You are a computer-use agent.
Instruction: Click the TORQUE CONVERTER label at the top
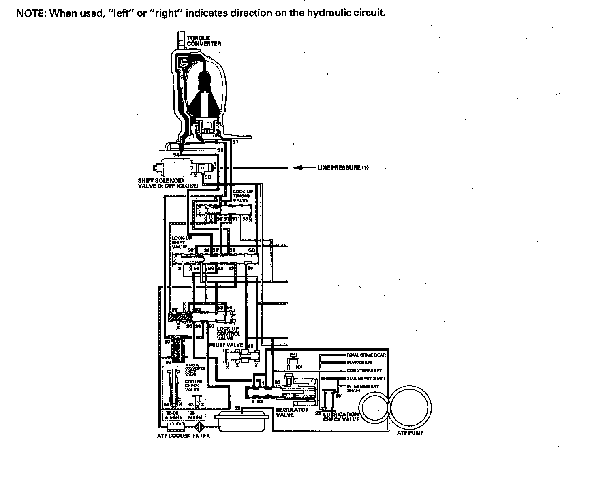coord(203,41)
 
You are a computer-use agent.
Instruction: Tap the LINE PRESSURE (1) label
coord(343,168)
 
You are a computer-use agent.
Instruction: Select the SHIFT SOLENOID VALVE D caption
coord(168,183)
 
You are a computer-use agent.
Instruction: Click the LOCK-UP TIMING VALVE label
coord(242,195)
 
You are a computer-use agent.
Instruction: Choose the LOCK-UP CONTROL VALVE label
coord(229,333)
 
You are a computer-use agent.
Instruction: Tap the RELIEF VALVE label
coord(226,345)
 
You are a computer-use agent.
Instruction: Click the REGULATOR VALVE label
coord(292,412)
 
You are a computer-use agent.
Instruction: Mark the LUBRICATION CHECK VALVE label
coord(341,417)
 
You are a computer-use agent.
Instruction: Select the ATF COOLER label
coord(173,436)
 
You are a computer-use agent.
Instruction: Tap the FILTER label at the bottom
coord(201,436)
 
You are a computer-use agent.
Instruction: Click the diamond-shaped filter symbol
coord(200,427)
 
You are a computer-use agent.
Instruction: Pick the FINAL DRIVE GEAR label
coord(366,355)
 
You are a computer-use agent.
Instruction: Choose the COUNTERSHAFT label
coord(364,370)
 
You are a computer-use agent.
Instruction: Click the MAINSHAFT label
coord(359,363)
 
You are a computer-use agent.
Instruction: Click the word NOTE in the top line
coord(30,13)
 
